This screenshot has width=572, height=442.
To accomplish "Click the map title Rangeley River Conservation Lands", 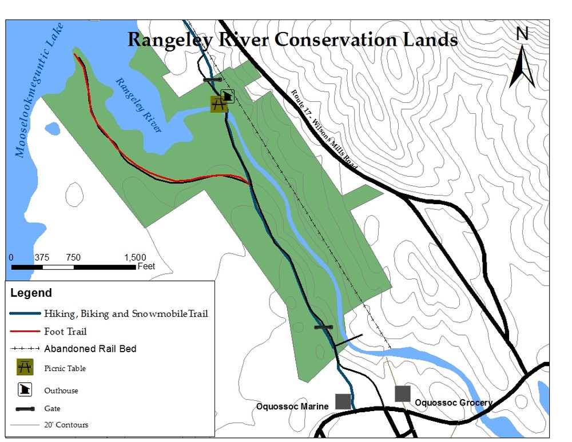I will click(x=292, y=39).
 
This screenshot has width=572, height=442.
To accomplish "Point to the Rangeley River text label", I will click(x=139, y=105).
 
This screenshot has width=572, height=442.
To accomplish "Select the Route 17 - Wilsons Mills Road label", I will click(x=323, y=130).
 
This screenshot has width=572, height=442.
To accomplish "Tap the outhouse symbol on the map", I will click(x=228, y=96).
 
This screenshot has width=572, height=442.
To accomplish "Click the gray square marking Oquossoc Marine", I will click(x=343, y=401).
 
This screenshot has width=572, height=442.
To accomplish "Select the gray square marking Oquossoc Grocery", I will click(x=403, y=393).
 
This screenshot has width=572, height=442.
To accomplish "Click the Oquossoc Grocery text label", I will click(x=453, y=403).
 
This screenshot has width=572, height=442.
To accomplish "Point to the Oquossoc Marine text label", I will click(x=292, y=407).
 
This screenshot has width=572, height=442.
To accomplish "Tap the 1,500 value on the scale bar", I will click(x=136, y=257).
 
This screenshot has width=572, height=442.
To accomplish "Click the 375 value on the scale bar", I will click(x=42, y=257).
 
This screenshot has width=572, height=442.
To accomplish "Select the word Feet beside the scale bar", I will click(x=146, y=266).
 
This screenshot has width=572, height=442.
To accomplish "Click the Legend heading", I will click(x=31, y=293).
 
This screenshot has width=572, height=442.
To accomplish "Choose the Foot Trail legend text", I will click(x=65, y=331).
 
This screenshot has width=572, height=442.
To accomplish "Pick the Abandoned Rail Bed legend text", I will click(x=90, y=348).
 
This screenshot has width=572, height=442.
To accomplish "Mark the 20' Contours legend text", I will click(x=66, y=425).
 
